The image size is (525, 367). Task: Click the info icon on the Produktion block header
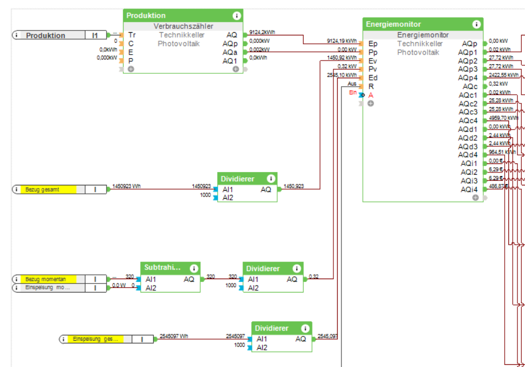pos(237,16)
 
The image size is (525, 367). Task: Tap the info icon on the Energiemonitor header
pos(476,24)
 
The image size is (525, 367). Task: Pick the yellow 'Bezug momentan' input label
pos(48,279)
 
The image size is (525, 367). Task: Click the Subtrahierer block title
pos(162,267)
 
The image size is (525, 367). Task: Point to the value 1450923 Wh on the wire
pos(126,186)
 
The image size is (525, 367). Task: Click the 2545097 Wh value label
pos(174,336)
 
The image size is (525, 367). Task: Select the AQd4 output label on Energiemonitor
pos(468,155)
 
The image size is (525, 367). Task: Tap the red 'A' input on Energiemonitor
pos(371,95)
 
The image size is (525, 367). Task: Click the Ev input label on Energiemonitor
pos(372,61)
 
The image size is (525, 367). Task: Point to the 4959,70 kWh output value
pos(504,118)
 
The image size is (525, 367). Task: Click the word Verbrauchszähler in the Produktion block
pos(184,26)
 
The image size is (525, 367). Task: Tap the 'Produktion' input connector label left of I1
pos(46,35)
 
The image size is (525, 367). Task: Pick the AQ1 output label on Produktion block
pos(230,61)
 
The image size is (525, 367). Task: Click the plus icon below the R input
pos(370,103)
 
